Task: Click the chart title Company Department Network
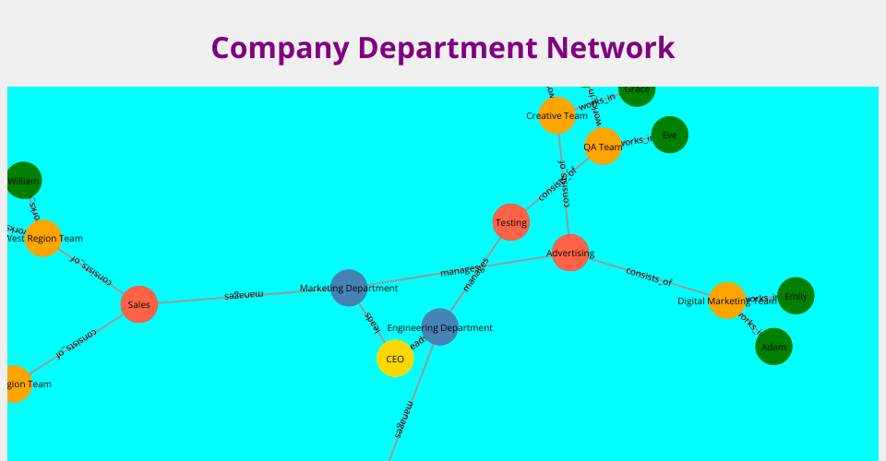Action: [443, 47]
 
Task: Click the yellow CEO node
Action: [395, 359]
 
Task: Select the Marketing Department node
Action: [349, 289]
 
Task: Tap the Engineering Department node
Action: [439, 327]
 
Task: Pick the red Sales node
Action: [139, 304]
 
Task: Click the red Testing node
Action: [511, 222]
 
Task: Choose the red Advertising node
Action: [570, 253]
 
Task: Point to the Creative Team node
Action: [557, 115]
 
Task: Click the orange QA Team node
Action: [604, 147]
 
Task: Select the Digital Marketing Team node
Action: [727, 301]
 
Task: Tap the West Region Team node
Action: [43, 238]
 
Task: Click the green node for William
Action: [24, 181]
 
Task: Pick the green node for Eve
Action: [669, 135]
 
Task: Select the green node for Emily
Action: [796, 296]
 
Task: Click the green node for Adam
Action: [773, 347]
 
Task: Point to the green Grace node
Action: [637, 90]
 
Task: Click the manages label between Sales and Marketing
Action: [244, 295]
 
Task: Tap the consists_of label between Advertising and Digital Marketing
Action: [649, 277]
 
